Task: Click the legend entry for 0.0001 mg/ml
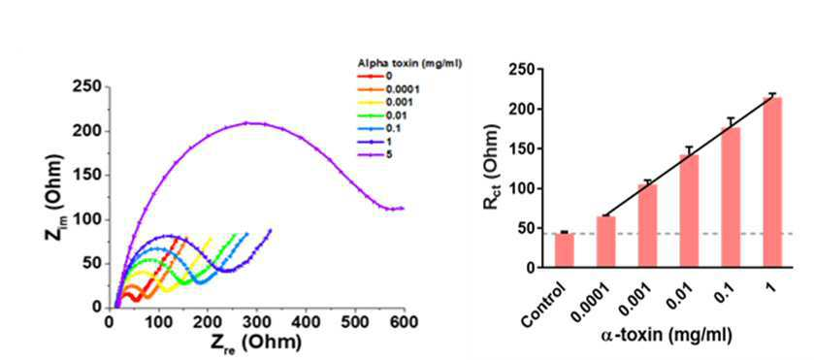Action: click(x=388, y=89)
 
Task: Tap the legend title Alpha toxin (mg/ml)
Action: click(x=409, y=63)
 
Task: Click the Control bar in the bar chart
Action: click(x=565, y=250)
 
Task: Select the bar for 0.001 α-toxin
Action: click(x=648, y=226)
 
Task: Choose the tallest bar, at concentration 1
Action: click(x=772, y=182)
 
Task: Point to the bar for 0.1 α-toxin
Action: click(x=731, y=197)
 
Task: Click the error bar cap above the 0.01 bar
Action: click(x=690, y=147)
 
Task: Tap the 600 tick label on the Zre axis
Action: click(x=404, y=322)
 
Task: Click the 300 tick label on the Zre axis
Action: click(x=256, y=322)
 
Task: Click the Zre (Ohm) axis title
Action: click(x=255, y=343)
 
